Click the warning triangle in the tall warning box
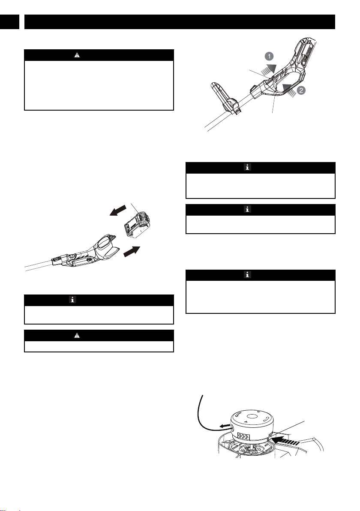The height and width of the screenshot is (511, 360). (77, 55)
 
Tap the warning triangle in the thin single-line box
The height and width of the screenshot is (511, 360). (77, 335)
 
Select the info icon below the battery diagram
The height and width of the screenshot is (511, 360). (72, 300)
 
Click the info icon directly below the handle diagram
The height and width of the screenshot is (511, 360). (247, 168)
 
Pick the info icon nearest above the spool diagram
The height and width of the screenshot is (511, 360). (247, 275)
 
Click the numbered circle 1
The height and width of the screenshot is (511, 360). (269, 57)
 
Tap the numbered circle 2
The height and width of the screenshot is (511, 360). (301, 90)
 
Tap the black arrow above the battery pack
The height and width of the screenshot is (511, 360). (117, 210)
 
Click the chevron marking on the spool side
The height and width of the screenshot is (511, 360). (243, 436)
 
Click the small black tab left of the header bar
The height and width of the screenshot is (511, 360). (9, 22)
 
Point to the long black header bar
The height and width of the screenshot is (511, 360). (180, 22)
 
